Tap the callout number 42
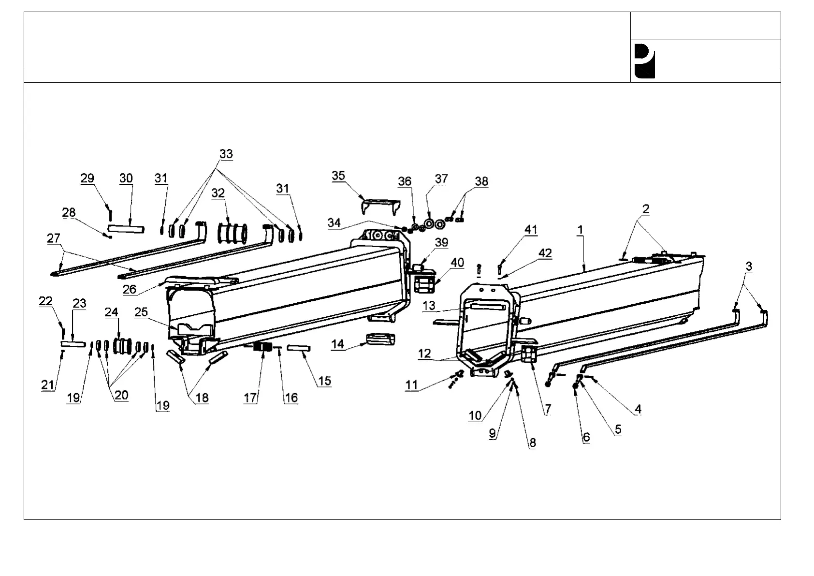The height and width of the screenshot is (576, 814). (545, 253)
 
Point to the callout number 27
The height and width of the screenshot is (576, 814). (54, 238)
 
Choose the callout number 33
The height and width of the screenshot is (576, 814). (226, 154)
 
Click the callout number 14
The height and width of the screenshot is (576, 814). (337, 344)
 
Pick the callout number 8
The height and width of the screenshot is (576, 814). (532, 443)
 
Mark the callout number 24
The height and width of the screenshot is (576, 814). (111, 312)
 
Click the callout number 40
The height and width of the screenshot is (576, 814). (457, 263)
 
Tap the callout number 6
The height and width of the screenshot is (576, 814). (586, 437)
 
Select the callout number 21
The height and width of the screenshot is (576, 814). (47, 385)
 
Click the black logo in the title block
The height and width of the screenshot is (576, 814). (644, 61)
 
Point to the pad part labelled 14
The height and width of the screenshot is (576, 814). (381, 339)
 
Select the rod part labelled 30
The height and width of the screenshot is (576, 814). (126, 228)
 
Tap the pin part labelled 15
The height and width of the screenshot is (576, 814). (298, 348)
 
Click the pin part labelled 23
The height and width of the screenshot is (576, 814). (73, 344)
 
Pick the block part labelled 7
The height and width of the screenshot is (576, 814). (529, 354)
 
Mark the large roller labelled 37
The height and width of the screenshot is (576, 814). (429, 224)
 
